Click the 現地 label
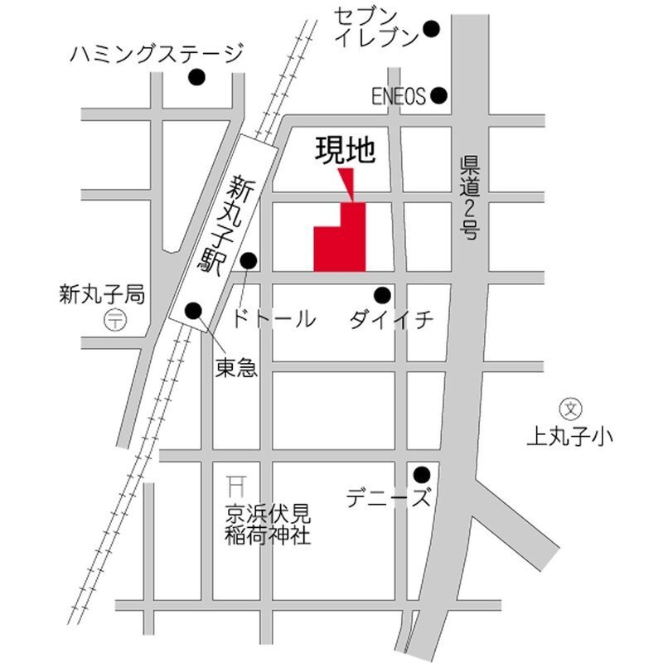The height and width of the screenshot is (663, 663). pos(346,150)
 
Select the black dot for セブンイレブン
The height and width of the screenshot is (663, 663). pos(431,29)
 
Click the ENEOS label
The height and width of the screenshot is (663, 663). pos(398,97)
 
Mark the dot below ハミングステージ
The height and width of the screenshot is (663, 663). pos(196,78)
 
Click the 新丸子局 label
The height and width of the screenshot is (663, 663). pos(102,293)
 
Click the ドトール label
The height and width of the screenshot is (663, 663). pos(274,318)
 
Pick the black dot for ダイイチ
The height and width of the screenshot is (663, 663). pos(382,294)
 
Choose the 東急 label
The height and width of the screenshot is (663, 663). pos(236,367)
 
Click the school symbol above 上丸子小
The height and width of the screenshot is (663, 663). pos(571,408)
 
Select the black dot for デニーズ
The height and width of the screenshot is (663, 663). pos(422,475)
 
